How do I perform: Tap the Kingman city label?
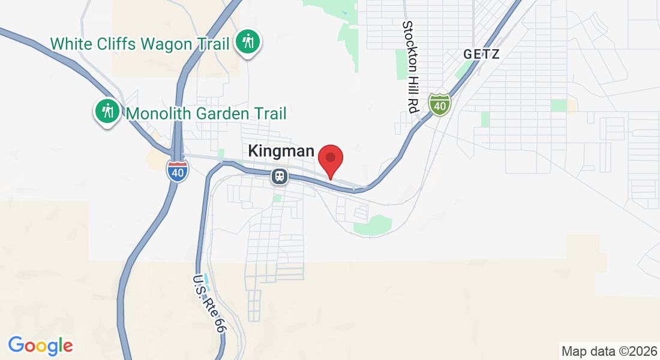coord(281,151)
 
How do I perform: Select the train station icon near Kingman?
coord(279,176)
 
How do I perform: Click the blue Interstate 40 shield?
coord(177,172)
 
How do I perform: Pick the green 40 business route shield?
coord(440,105)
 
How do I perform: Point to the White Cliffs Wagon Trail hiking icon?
coord(248,43)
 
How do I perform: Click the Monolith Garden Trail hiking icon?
coord(108,112)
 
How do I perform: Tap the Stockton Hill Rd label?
coord(410,67)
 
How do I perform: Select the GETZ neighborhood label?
coord(481,55)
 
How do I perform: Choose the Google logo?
coord(40,346)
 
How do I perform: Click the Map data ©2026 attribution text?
coord(608,350)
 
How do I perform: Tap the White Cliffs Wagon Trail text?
coord(140,44)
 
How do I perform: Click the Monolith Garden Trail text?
coord(206,113)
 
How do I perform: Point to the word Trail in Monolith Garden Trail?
coord(269,113)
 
